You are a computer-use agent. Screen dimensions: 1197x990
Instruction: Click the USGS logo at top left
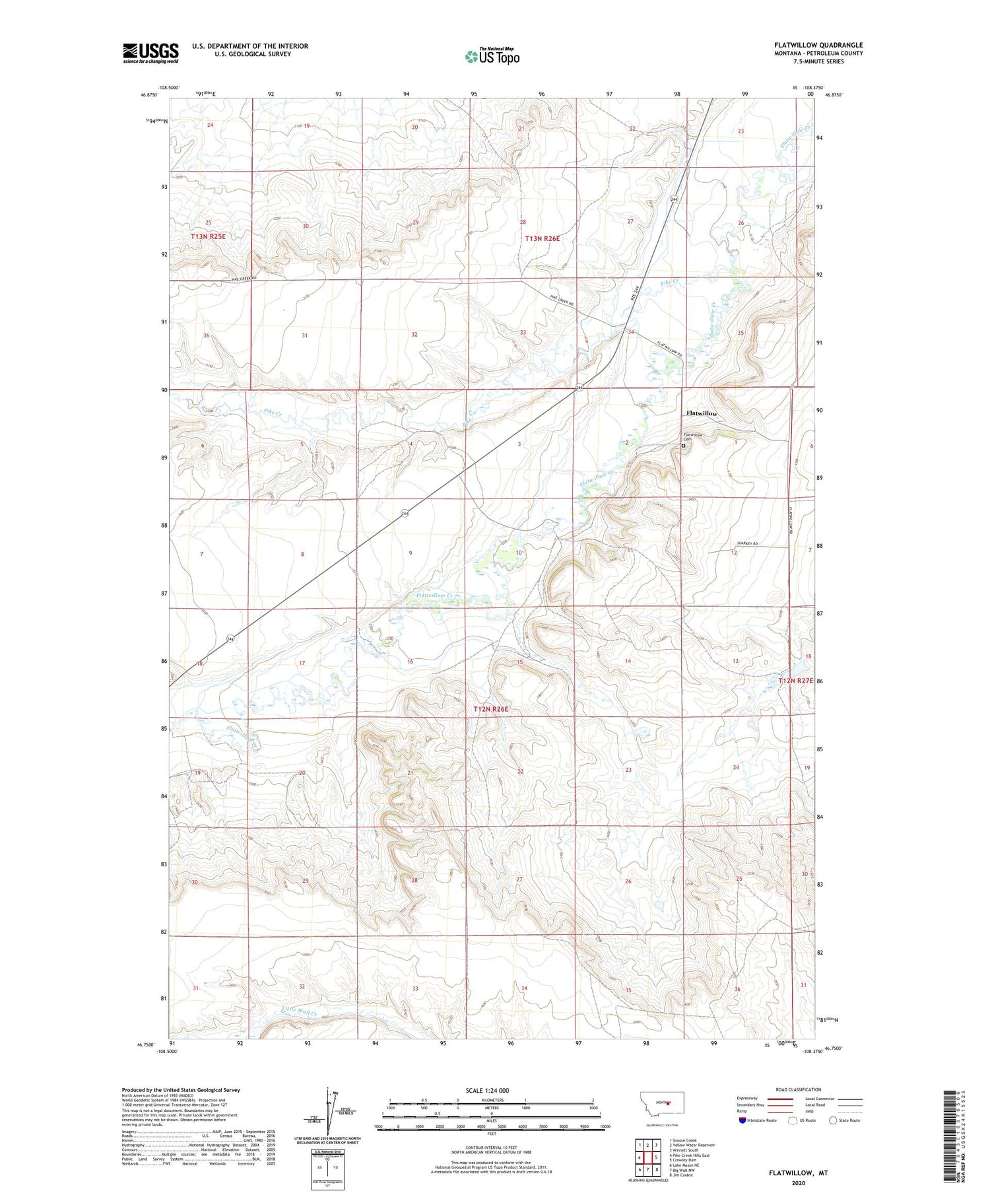click(150, 53)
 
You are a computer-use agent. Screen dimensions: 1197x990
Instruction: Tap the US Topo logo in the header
click(492, 57)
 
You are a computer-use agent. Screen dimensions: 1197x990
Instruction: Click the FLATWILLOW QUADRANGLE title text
click(818, 45)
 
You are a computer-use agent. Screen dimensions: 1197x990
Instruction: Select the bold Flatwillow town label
click(701, 413)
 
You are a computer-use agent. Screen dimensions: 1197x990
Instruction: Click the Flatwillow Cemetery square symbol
click(683, 446)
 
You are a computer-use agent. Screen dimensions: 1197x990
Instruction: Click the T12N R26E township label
click(491, 709)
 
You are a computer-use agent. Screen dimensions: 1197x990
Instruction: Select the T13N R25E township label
click(208, 236)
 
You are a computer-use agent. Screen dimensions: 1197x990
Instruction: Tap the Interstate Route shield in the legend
click(742, 1120)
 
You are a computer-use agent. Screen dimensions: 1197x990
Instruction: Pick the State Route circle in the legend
click(833, 1120)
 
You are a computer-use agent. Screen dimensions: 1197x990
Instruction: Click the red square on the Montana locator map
click(669, 1103)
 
